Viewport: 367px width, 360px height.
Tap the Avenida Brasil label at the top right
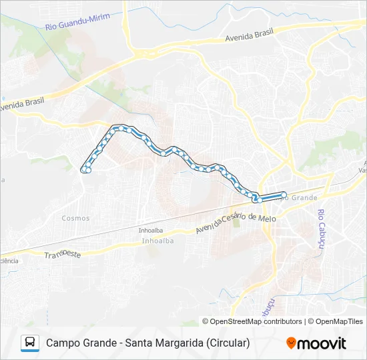250,37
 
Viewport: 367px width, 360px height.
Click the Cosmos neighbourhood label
75,218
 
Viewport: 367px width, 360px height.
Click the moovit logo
316,343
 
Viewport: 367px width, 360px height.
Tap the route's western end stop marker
85,171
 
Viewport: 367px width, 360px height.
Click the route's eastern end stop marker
284,195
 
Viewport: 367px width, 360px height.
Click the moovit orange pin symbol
291,343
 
